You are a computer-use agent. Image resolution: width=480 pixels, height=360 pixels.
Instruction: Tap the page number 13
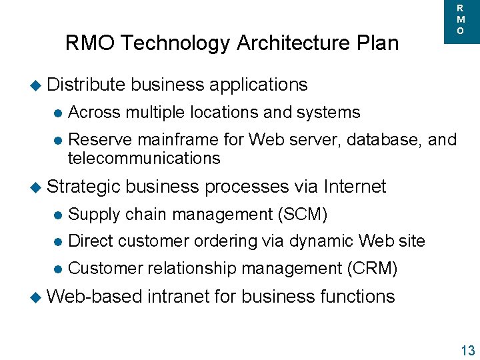(467, 351)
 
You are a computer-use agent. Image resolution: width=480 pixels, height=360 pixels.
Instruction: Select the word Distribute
(87, 85)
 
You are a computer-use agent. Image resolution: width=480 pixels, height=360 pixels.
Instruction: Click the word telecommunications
(144, 158)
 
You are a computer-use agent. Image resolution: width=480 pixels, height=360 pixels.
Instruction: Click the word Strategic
(86, 187)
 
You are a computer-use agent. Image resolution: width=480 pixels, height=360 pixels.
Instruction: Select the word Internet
(355, 187)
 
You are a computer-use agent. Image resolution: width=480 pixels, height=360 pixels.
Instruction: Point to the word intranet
(182, 296)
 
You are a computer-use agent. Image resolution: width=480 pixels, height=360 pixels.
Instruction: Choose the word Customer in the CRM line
(105, 269)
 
